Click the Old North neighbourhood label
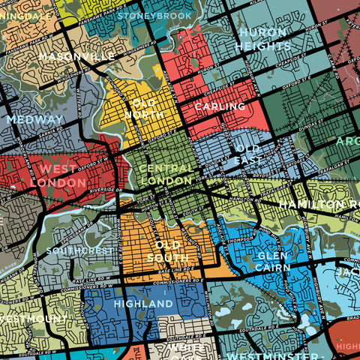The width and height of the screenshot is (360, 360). pos(150,109)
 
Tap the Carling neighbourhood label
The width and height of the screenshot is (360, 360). pos(220,107)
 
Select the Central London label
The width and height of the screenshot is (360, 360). pos(166,175)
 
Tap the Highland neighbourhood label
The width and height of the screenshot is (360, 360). pos(143,303)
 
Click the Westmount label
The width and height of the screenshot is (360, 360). pos(34,318)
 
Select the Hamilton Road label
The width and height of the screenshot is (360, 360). pos(318,204)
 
